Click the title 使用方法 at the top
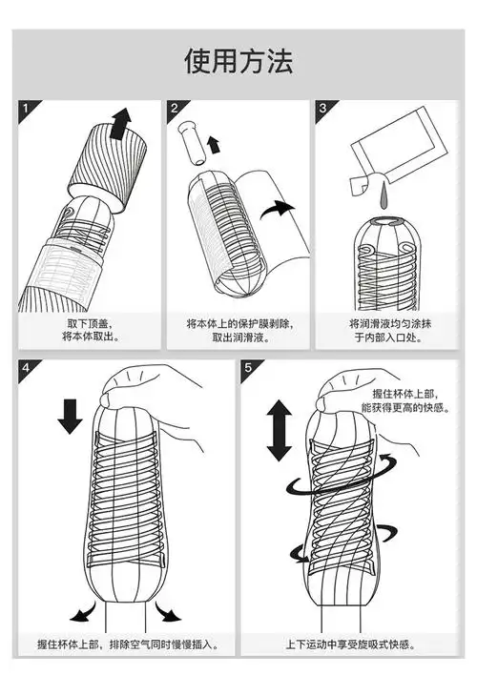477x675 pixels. [238, 60]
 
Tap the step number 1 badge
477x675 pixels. [27, 110]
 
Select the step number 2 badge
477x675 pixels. [175, 110]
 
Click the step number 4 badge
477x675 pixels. [27, 369]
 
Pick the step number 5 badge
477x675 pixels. [249, 369]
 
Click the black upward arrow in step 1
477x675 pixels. [120, 123]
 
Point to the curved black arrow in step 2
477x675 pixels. [285, 211]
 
